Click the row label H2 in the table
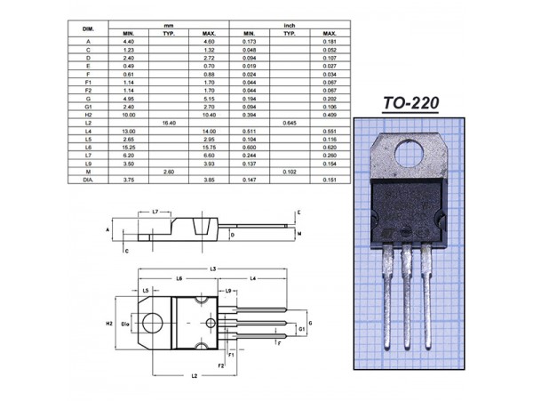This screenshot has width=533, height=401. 88,114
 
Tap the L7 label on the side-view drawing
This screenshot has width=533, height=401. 155,213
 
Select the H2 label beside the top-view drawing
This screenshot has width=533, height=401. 109,324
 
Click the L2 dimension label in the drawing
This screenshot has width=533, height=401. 194,376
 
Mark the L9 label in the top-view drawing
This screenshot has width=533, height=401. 228,291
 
